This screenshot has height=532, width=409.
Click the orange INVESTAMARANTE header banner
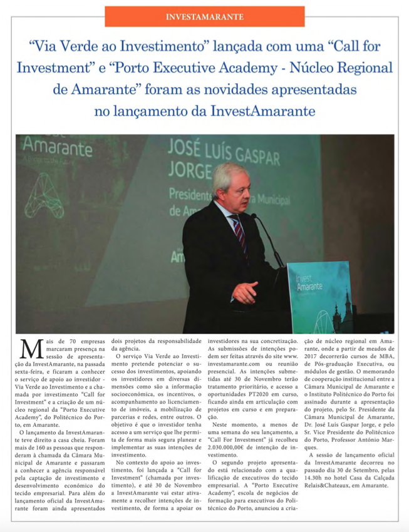(205, 16)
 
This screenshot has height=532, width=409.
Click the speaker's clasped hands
(245, 292)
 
